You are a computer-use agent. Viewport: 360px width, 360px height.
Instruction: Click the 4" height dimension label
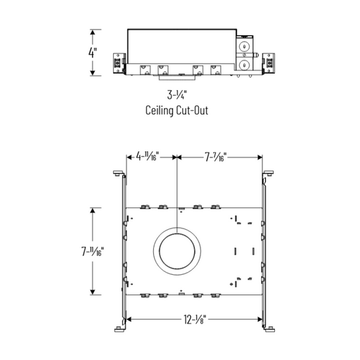[92, 52]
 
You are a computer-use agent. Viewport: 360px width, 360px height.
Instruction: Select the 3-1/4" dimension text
[178, 96]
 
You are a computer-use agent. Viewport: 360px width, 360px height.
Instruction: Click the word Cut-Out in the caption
[193, 110]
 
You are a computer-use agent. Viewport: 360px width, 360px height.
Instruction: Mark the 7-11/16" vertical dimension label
[92, 250]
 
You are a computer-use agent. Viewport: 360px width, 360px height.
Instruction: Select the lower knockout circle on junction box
[243, 65]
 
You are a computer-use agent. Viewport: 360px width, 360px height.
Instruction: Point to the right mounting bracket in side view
[268, 63]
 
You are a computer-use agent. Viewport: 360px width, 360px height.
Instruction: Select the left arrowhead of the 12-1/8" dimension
[129, 321]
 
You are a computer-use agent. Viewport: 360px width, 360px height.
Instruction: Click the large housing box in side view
[179, 45]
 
